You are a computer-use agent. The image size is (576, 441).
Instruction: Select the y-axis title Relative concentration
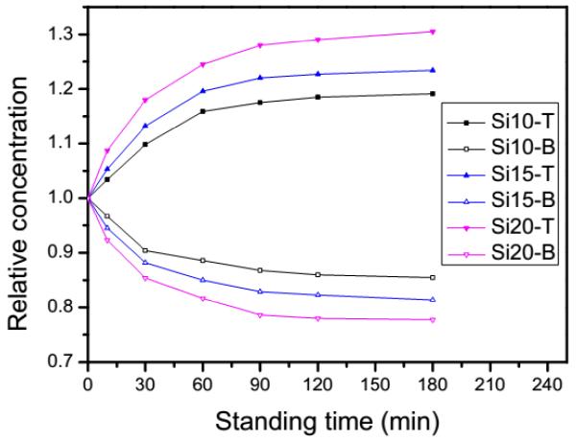19,198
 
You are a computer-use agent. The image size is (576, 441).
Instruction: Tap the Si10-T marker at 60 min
203,111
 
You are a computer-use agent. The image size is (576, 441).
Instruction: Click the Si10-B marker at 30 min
145,250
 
